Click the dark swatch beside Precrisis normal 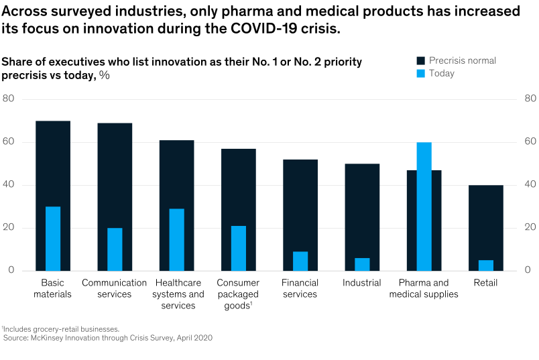pyautogui.click(x=421, y=60)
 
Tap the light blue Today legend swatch pyautogui.click(x=421, y=73)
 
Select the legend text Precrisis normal pyautogui.click(x=463, y=60)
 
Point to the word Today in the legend pyautogui.click(x=442, y=73)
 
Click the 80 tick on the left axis pyautogui.click(x=8, y=99)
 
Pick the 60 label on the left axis pyautogui.click(x=8, y=142)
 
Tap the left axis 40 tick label pyautogui.click(x=8, y=185)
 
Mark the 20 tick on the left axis pyautogui.click(x=8, y=228)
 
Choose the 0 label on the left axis pyautogui.click(x=11, y=271)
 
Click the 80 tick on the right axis pyautogui.click(x=530, y=99)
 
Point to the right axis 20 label pyautogui.click(x=530, y=228)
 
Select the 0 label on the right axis pyautogui.click(x=528, y=271)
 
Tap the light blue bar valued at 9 pyautogui.click(x=300, y=261)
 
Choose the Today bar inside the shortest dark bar pyautogui.click(x=486, y=265)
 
